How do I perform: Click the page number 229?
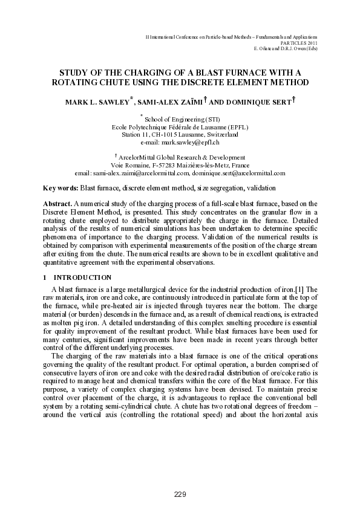pyautogui.click(x=180, y=494)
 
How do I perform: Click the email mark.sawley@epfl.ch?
pyautogui.click(x=180, y=143)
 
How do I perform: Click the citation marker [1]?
pyautogui.click(x=306, y=290)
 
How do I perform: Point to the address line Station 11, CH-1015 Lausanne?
pyautogui.click(x=180, y=135)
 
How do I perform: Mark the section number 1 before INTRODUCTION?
pyautogui.click(x=45, y=277)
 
